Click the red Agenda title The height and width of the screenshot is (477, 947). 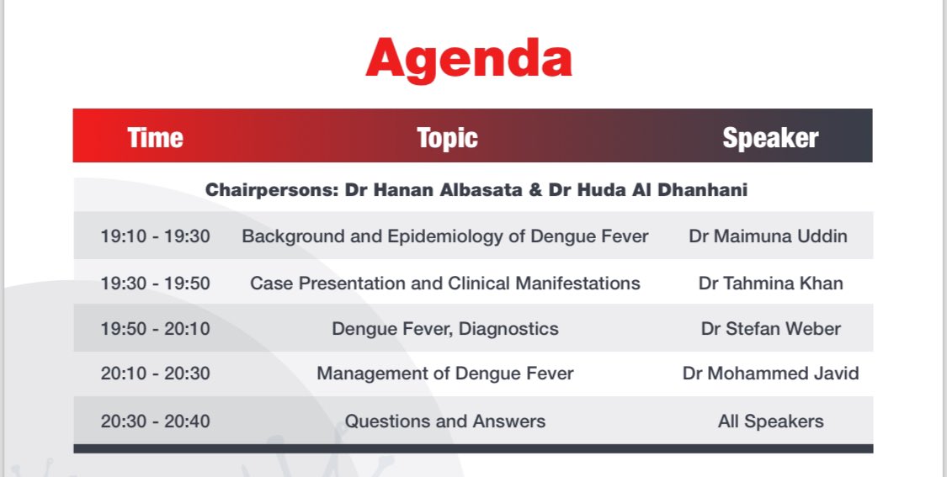click(x=468, y=59)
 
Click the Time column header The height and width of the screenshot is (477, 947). click(x=155, y=137)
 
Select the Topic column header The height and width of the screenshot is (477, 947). click(x=447, y=137)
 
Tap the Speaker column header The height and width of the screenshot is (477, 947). click(x=770, y=137)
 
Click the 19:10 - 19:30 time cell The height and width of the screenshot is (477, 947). click(x=155, y=236)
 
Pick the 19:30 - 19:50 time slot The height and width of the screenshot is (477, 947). click(x=155, y=283)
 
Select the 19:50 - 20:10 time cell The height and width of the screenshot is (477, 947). click(x=155, y=329)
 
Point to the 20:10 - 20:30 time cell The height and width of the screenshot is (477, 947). click(x=155, y=373)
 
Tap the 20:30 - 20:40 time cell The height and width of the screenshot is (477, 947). click(x=155, y=421)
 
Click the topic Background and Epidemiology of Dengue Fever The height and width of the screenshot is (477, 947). click(x=445, y=236)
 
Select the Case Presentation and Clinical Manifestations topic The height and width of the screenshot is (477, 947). click(x=445, y=283)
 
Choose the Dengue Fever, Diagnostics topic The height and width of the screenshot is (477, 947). click(x=445, y=329)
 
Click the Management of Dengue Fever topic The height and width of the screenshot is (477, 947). click(x=445, y=373)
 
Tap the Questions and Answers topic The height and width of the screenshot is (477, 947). click(x=445, y=421)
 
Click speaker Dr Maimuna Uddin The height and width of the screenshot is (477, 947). click(x=768, y=236)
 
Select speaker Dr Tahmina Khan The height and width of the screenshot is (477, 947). click(x=770, y=283)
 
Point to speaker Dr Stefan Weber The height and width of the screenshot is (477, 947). click(x=770, y=329)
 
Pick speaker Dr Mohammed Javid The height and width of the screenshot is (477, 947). click(x=770, y=373)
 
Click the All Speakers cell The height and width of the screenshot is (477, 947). click(x=770, y=421)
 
